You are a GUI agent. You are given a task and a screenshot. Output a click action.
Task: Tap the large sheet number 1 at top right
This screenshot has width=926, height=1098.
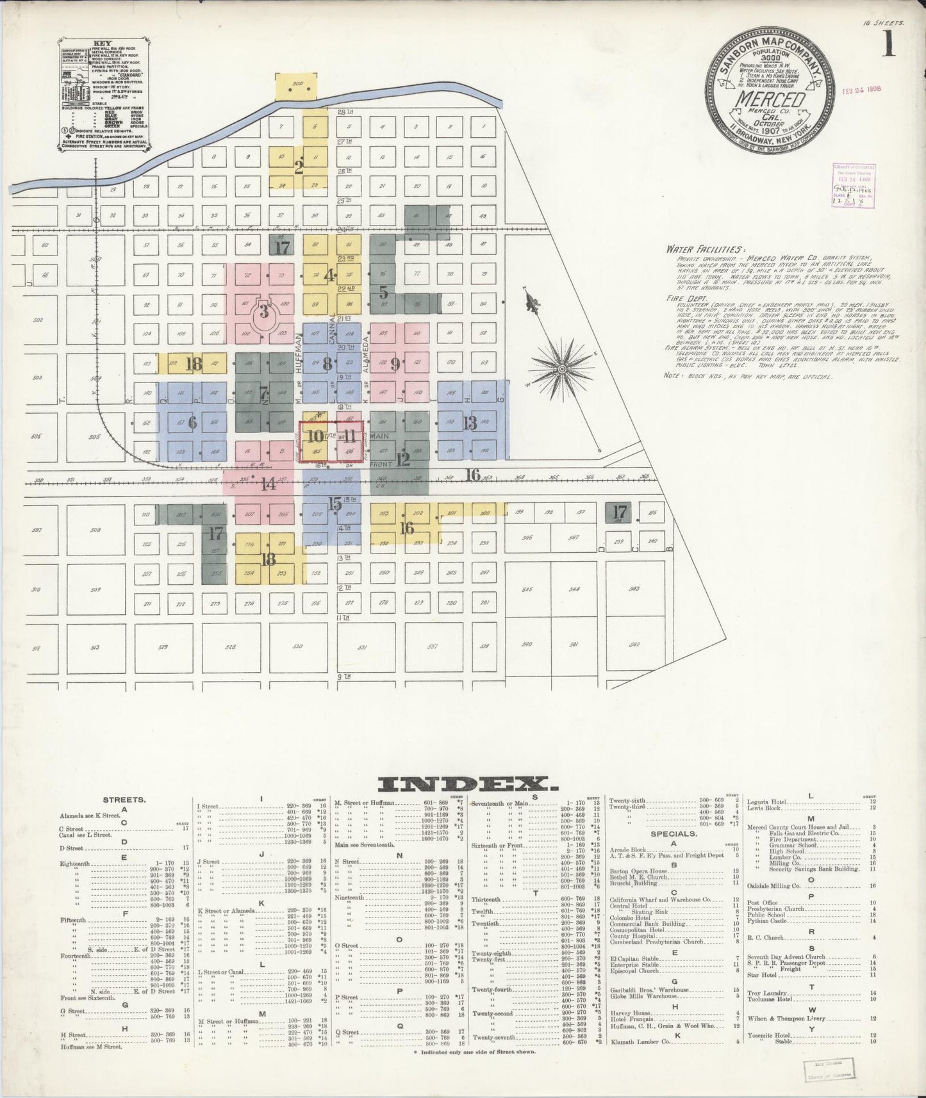(888, 45)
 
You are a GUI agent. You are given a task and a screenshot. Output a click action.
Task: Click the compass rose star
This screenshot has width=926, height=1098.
(562, 369)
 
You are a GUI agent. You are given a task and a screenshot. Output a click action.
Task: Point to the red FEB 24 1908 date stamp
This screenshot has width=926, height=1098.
(861, 90)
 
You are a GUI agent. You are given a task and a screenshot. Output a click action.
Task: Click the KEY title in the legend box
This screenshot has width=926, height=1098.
(102, 44)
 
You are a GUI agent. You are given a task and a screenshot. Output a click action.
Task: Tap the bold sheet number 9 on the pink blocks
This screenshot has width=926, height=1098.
(395, 364)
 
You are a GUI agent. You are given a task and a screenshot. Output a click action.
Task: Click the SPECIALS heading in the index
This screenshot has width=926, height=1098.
(673, 834)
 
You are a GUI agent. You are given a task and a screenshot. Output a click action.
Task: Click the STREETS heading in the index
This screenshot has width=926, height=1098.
(124, 800)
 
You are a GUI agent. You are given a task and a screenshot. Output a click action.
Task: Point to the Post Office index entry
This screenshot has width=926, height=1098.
(762, 902)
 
